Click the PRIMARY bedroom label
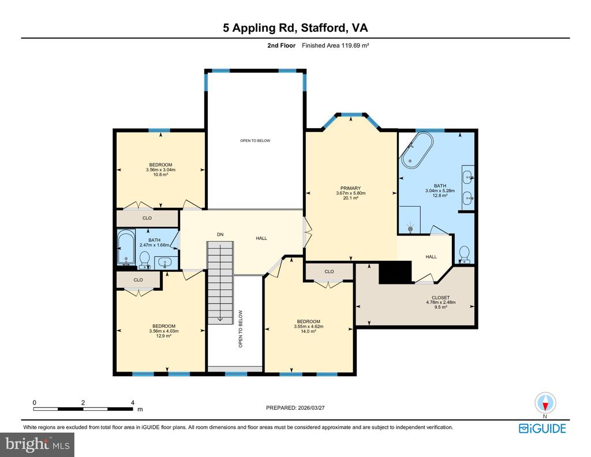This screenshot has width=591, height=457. pyautogui.click(x=350, y=193)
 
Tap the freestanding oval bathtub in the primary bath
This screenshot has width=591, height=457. pyautogui.click(x=417, y=150)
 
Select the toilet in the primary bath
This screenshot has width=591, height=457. pyautogui.click(x=465, y=254)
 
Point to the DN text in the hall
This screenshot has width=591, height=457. pyautogui.click(x=220, y=234)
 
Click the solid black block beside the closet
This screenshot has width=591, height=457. pyautogui.click(x=395, y=272)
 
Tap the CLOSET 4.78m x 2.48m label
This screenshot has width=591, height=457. pyautogui.click(x=440, y=302)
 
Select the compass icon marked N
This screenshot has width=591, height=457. pyautogui.click(x=545, y=403)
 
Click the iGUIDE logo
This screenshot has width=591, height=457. pyautogui.click(x=542, y=429)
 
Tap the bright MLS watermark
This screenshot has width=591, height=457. pyautogui.click(x=38, y=444)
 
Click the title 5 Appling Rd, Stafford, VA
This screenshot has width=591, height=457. pyautogui.click(x=295, y=28)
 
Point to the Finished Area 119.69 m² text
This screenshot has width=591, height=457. pyautogui.click(x=335, y=46)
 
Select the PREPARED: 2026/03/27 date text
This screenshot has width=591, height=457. pyautogui.click(x=295, y=407)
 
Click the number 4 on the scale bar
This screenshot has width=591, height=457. pyautogui.click(x=132, y=402)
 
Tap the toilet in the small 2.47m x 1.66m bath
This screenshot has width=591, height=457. pyautogui.click(x=144, y=260)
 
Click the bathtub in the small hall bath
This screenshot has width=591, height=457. pyautogui.click(x=126, y=248)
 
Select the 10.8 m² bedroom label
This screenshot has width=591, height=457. pyautogui.click(x=160, y=170)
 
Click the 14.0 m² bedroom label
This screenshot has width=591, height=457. pyautogui.click(x=308, y=326)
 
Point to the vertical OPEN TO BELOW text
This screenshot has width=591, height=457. pyautogui.click(x=241, y=328)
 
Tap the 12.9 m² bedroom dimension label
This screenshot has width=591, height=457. pyautogui.click(x=163, y=331)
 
